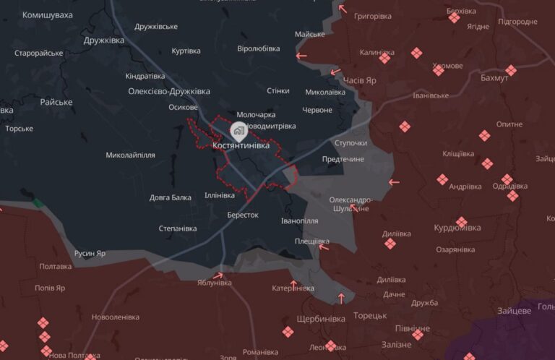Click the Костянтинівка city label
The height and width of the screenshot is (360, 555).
[x=241, y=145]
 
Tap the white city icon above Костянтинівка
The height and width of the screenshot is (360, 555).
[x=238, y=131]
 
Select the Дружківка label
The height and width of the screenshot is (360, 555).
[x=104, y=40]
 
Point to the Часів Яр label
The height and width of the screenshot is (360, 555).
[x=359, y=81]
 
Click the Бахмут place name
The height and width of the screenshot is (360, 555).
[x=494, y=78]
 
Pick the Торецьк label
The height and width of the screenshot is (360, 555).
[x=370, y=315]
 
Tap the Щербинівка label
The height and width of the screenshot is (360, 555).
[x=320, y=319]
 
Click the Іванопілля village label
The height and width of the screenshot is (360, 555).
[x=300, y=220]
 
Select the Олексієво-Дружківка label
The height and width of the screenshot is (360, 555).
[x=169, y=91]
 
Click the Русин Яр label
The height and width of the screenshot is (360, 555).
[x=90, y=254]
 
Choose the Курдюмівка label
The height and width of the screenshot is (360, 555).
[x=457, y=228]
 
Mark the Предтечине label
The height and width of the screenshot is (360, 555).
[x=343, y=159]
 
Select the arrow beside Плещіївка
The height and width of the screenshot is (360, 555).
[x=324, y=247]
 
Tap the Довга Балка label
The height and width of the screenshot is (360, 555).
[x=171, y=197]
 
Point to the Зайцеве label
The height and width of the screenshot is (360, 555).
[x=514, y=311]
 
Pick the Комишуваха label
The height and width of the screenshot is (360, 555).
[x=48, y=15]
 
